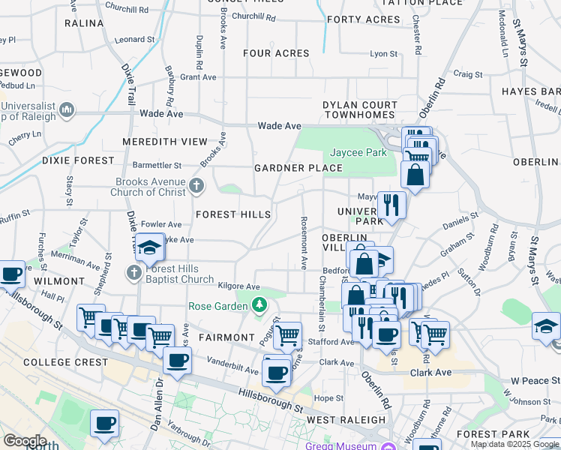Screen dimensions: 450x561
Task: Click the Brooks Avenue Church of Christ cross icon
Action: (196, 185)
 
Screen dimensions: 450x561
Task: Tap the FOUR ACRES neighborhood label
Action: (276, 53)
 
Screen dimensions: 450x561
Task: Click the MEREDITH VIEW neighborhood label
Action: (163, 141)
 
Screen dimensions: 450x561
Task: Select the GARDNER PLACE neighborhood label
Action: (298, 167)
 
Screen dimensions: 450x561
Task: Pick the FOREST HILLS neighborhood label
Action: (233, 214)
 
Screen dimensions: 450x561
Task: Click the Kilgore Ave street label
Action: (238, 286)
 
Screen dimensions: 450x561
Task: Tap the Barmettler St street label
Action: (157, 165)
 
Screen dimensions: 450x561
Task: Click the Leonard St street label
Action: (135, 39)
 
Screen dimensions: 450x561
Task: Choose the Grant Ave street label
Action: (198, 76)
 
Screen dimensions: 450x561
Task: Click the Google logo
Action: (25, 441)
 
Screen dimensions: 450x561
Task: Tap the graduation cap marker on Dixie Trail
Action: (150, 247)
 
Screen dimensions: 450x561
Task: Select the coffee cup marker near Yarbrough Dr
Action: (104, 424)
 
